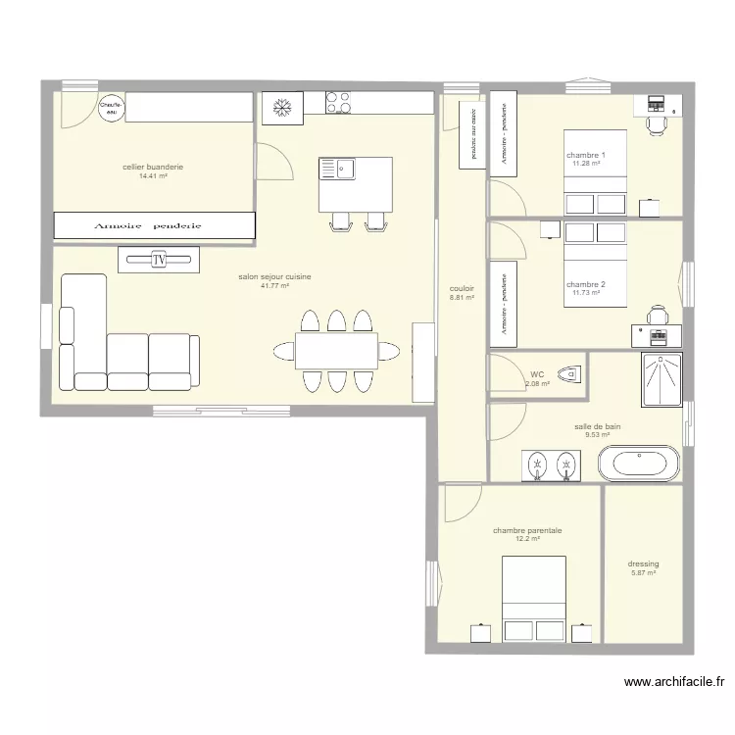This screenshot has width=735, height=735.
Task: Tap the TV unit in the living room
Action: pos(158,260)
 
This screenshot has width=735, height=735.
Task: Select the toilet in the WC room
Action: pos(568,373)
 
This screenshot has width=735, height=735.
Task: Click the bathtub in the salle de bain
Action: pos(638,463)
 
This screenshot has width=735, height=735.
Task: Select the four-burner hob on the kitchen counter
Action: pos(339,103)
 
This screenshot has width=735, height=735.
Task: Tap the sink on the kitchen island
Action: pos(344,170)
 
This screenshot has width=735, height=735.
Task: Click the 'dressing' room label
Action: pos(643,563)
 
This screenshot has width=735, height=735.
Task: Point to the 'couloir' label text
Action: pos(462,288)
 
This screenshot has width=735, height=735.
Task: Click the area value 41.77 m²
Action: pos(274,286)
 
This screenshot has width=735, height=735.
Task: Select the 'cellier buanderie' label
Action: pos(153,167)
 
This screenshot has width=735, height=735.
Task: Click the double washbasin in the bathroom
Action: pos(549,465)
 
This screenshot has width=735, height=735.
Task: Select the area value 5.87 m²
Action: pos(643,573)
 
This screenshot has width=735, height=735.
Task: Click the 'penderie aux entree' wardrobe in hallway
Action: pos(472,133)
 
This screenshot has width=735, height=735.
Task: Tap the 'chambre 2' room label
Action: pos(586,284)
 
